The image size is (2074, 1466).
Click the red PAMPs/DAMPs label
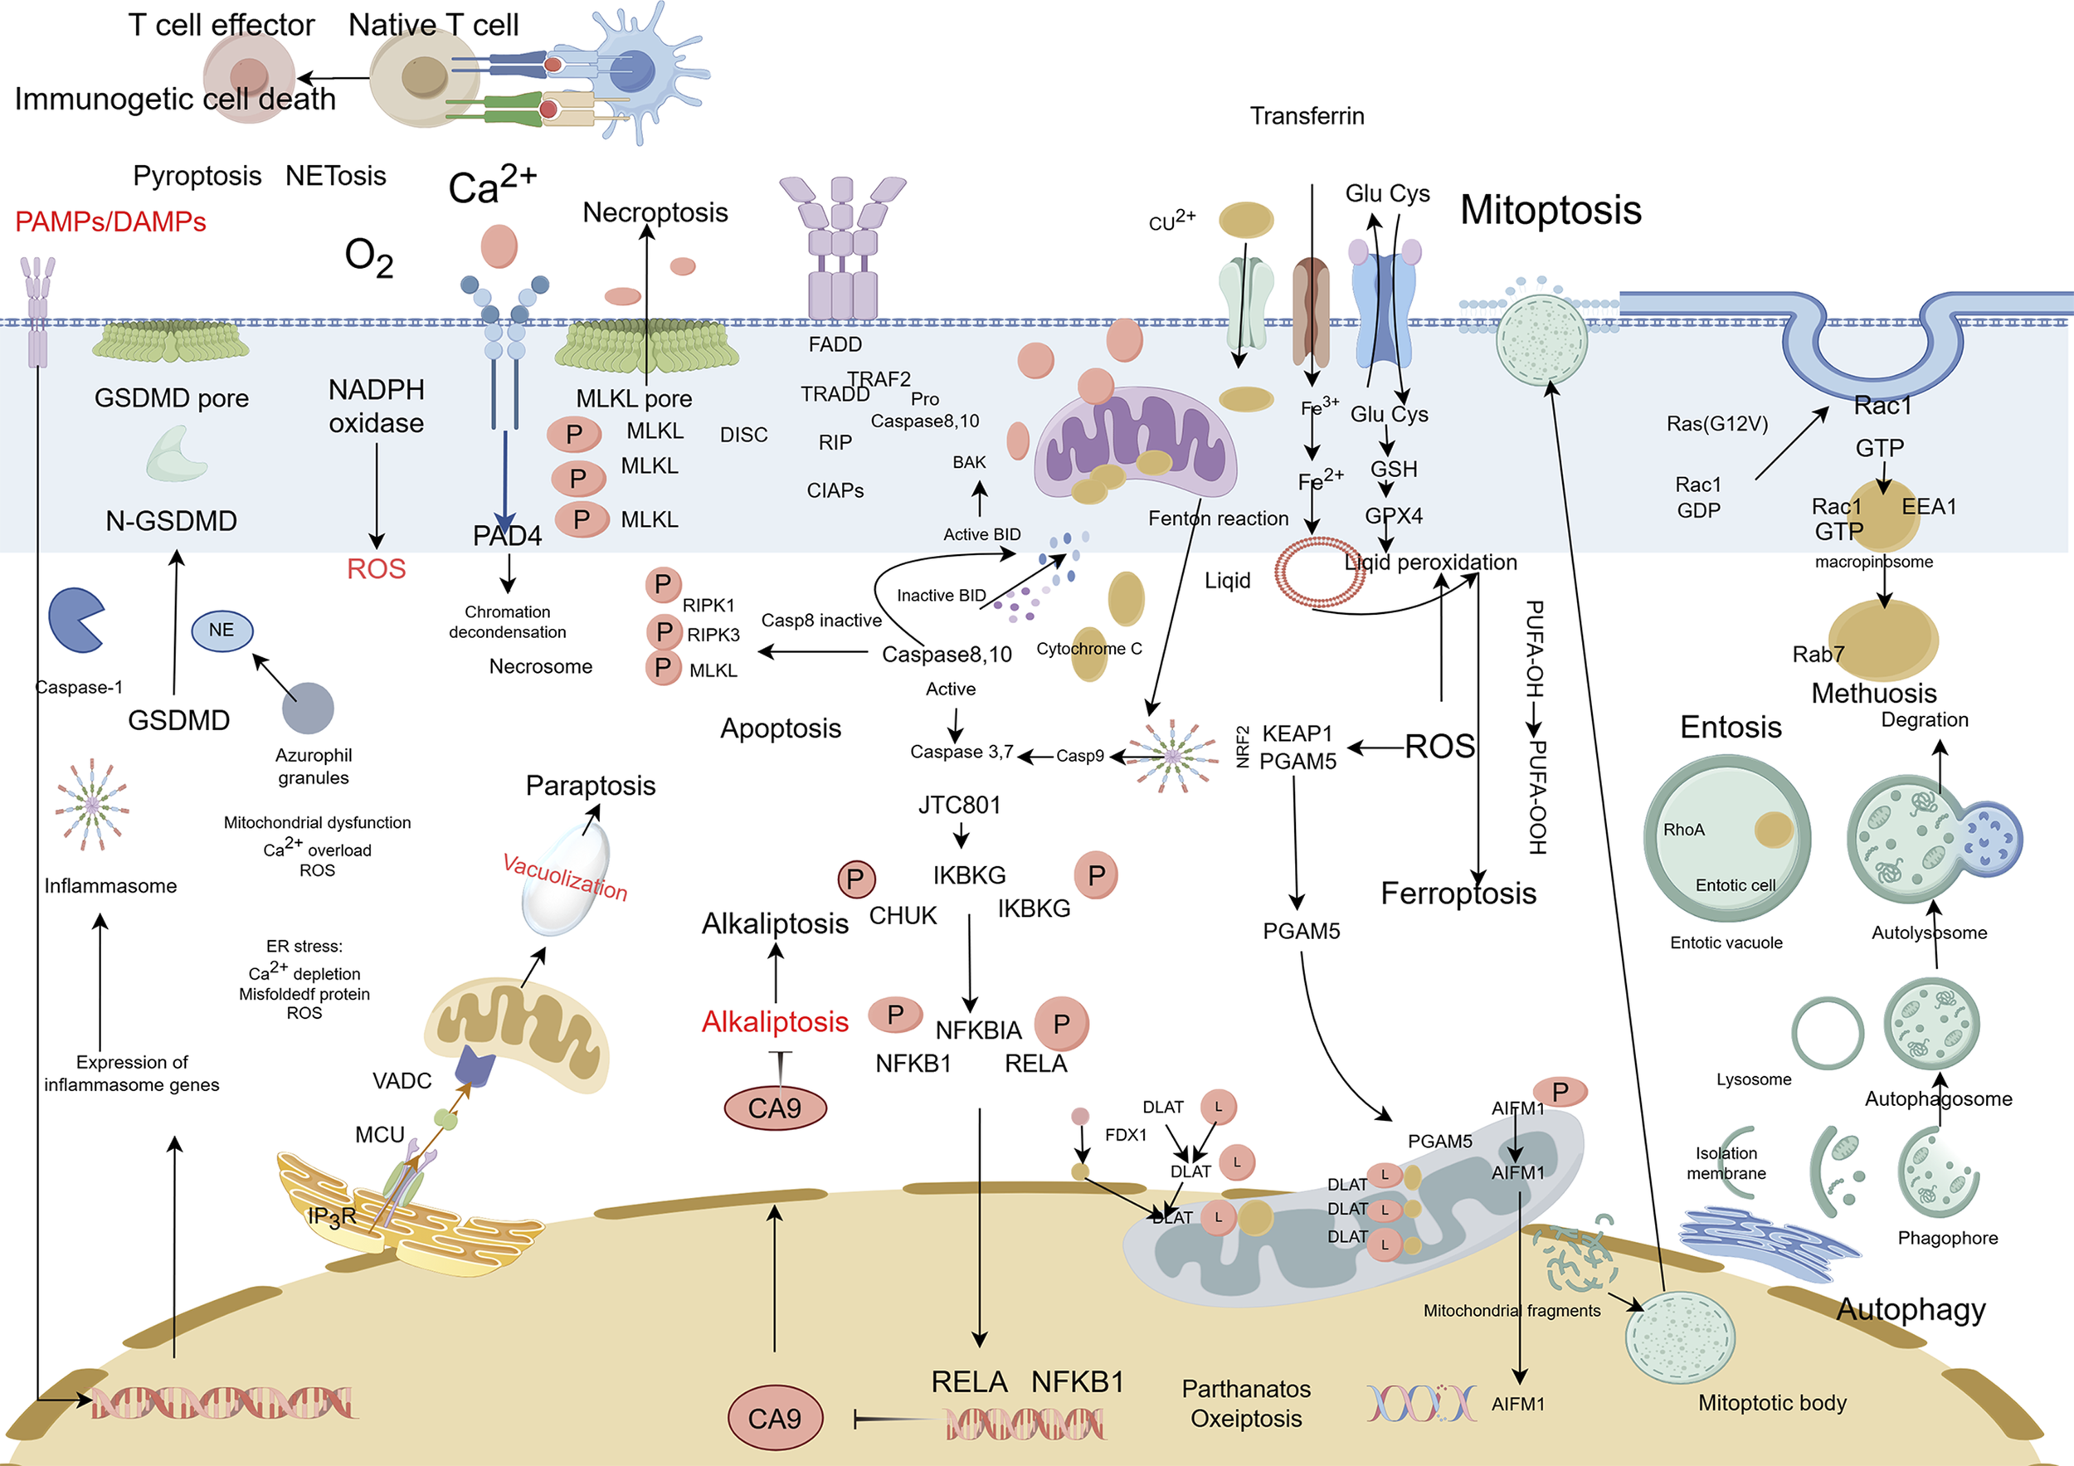coord(110,222)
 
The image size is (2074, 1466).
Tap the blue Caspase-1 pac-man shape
coord(75,620)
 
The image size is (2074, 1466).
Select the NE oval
coord(222,630)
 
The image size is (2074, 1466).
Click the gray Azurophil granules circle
coord(308,709)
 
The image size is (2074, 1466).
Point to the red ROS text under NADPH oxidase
coord(376,568)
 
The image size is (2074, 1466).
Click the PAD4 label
coord(507,537)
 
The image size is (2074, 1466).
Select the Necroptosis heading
coord(655,212)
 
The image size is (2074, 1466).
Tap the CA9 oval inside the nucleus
coord(775,1418)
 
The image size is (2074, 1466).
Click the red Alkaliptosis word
coord(775,1021)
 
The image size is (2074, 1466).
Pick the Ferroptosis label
coord(1458,894)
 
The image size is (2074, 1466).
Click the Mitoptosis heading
coord(1550,210)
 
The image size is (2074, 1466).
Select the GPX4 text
coord(1393,516)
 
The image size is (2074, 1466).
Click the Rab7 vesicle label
coord(1818,654)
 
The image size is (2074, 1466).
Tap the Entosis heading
coord(1730,727)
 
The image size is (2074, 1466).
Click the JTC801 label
coord(959,805)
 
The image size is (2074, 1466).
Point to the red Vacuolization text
coord(565,877)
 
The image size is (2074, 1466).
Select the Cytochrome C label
coord(1088,649)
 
